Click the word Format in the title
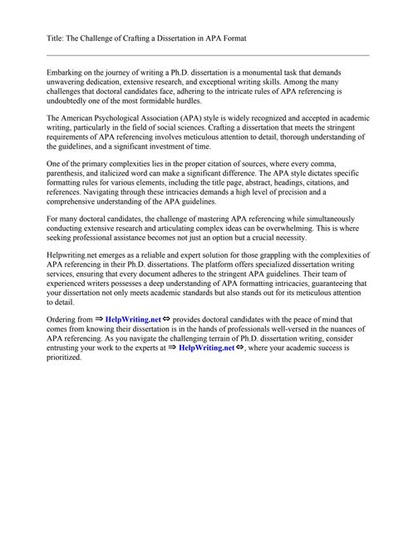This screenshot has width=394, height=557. tap(233, 39)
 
